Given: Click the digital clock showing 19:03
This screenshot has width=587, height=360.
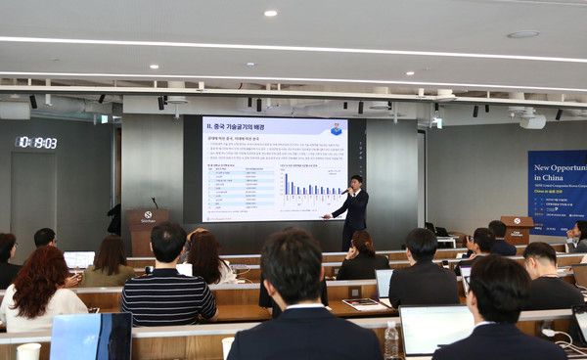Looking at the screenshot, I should click(36, 143).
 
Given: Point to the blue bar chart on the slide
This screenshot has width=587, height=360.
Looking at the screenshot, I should click(312, 185).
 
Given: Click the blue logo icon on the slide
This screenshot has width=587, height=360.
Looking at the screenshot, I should click(336, 129).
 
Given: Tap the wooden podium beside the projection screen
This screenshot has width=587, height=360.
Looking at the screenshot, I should click(147, 229).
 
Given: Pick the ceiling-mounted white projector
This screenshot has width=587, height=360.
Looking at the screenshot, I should click(532, 120).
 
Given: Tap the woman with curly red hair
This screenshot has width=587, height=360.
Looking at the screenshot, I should click(40, 289).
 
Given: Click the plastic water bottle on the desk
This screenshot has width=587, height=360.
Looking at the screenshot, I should click(392, 339).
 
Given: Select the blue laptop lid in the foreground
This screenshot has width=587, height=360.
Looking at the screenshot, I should click(91, 337).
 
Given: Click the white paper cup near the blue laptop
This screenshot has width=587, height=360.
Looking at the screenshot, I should click(28, 350).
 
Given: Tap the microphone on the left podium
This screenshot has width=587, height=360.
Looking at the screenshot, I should click(154, 202).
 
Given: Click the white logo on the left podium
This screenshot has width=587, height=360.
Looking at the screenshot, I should click(148, 215).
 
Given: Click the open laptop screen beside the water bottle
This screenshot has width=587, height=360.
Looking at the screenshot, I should click(434, 327).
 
